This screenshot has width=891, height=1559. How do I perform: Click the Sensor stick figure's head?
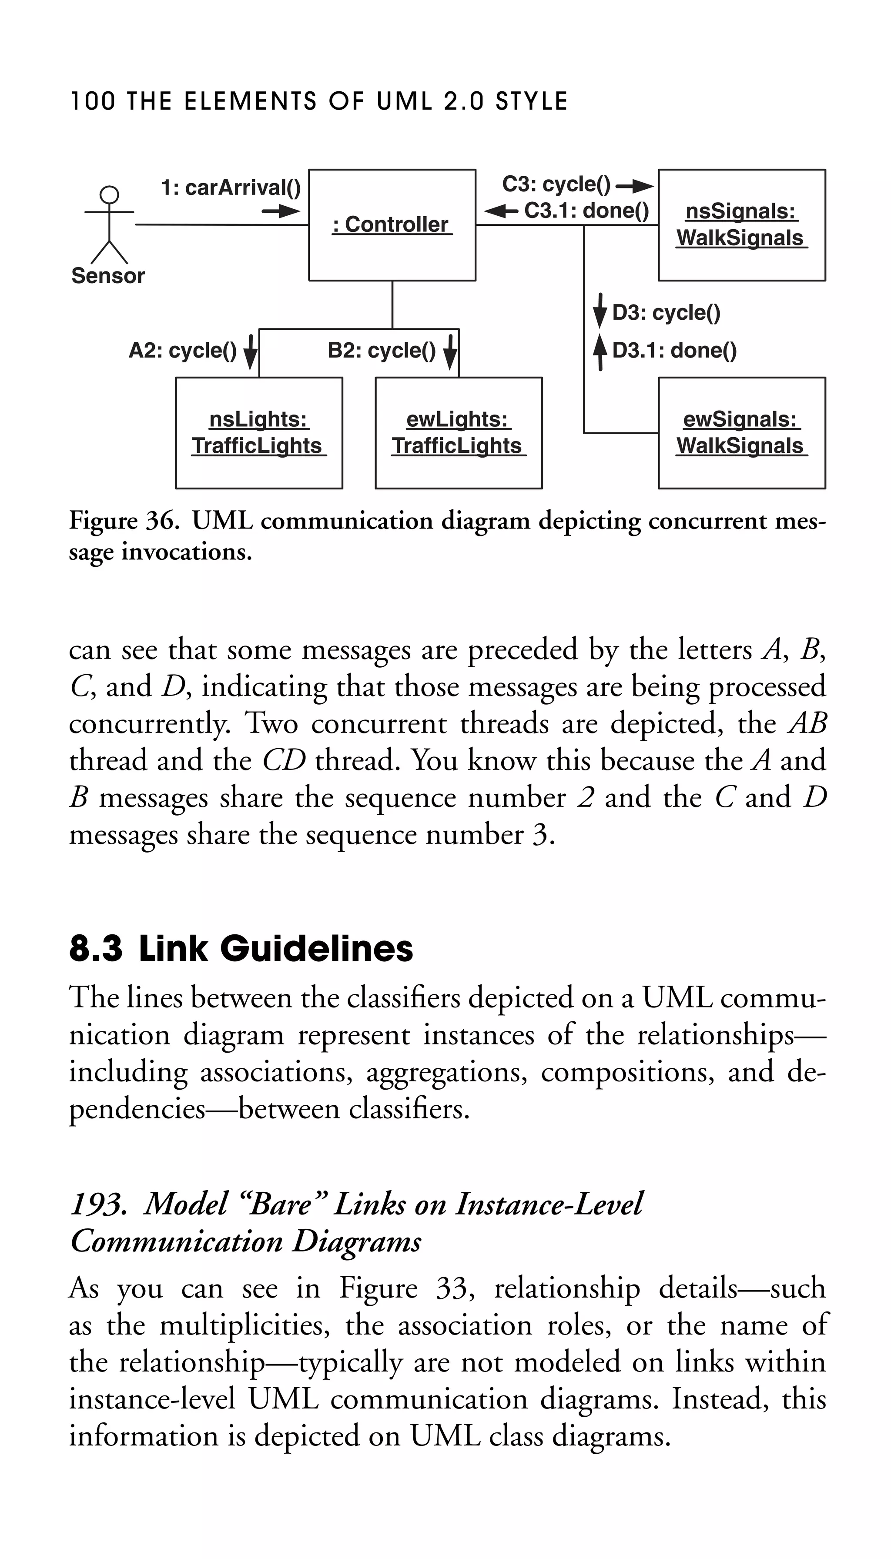pos(110,194)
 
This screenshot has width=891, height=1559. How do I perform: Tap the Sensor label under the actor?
pos(108,276)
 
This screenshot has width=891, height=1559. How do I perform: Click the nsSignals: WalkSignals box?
pos(742,225)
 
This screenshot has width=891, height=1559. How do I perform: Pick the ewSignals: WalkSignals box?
pos(742,433)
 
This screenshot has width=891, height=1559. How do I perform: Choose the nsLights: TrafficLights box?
pos(259,433)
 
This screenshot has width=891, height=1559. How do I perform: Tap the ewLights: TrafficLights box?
pos(459,433)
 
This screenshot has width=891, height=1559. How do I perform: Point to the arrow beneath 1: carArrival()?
pos(281,212)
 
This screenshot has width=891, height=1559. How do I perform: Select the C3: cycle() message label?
pos(556,184)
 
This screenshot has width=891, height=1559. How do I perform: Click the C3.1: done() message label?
pos(586,211)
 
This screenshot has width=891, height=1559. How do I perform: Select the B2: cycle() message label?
pos(382,351)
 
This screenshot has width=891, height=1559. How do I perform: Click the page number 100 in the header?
pos(92,101)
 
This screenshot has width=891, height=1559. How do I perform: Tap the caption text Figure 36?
pos(124,521)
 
